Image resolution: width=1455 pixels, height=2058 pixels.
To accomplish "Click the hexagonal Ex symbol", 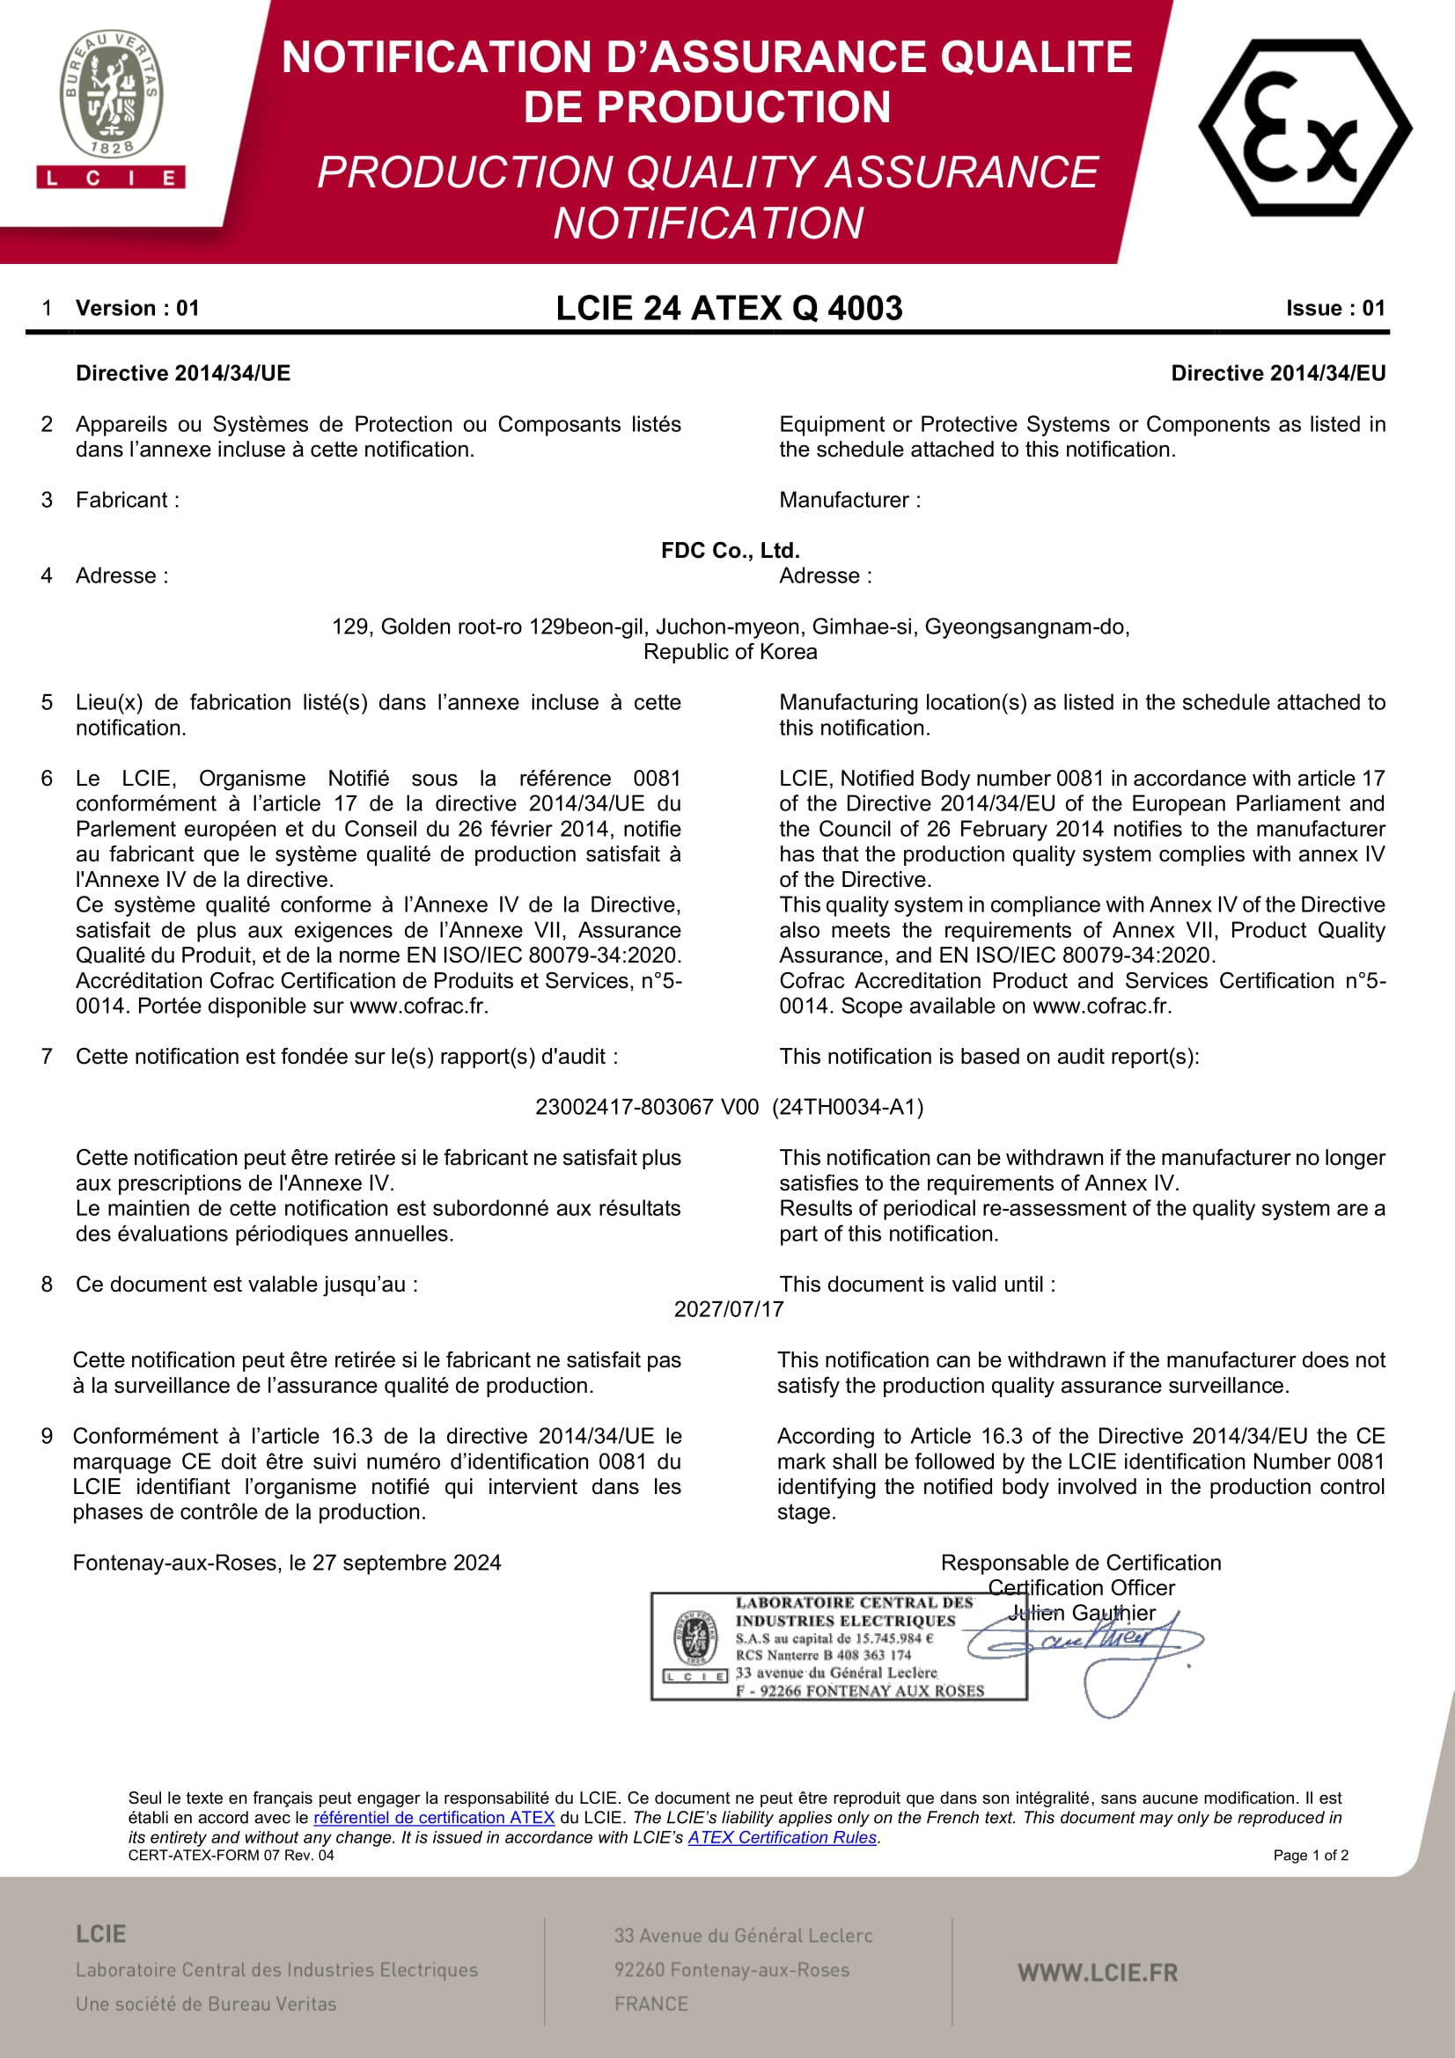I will [x=1304, y=128].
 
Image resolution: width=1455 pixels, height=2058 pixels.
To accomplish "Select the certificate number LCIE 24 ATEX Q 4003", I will [x=729, y=308].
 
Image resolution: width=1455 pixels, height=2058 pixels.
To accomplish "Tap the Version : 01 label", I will [x=137, y=308].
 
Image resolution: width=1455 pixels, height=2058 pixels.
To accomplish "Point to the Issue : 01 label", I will [x=1335, y=308].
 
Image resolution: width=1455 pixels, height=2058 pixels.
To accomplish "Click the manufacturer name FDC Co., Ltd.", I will [x=730, y=550].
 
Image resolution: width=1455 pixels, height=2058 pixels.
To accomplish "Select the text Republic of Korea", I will [x=730, y=652].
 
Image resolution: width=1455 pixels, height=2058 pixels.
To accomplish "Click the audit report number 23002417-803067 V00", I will [x=646, y=1107].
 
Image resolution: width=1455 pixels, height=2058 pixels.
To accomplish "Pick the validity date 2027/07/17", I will [x=729, y=1309].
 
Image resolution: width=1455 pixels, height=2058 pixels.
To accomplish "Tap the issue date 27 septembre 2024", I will [x=406, y=1563].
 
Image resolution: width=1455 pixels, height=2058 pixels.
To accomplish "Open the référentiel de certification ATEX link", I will [x=434, y=1818].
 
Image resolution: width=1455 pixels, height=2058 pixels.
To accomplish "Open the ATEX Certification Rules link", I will [x=782, y=1837].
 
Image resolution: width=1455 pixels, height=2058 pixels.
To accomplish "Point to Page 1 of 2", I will [x=1310, y=1856].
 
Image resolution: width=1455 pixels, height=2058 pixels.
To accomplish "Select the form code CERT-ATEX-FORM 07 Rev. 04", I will [x=231, y=1856].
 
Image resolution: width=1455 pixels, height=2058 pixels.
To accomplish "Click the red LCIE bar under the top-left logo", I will [x=111, y=178].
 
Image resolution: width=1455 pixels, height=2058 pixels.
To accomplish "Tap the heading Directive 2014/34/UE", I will [x=183, y=373].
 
